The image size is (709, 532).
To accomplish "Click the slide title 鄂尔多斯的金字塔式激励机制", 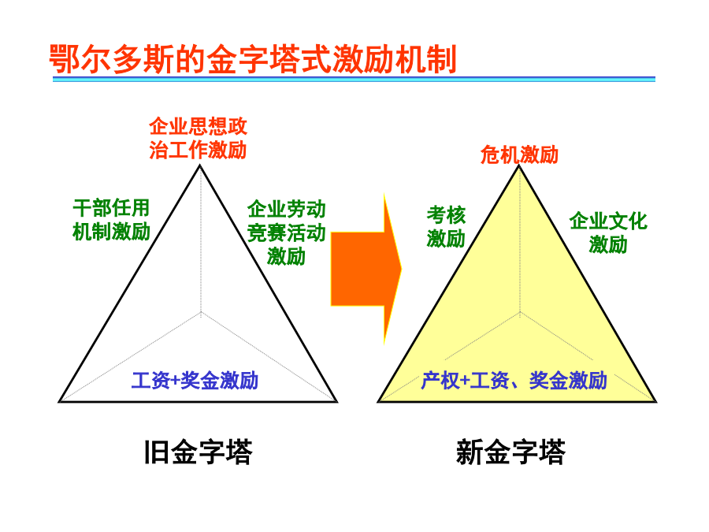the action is pos(253,59).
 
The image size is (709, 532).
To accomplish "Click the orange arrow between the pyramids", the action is pos(366,269).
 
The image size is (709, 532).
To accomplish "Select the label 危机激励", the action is pos(519,154).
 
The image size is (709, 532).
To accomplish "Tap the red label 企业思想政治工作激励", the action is pos(198,138).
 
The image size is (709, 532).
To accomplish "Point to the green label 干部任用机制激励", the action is pos(111,220).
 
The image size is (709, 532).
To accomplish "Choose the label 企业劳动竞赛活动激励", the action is pos(286,233).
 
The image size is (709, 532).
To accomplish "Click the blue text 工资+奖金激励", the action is pos(195,381).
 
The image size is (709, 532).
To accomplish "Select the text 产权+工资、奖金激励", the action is pos(514,381).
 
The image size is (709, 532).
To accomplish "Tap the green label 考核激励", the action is pos(446,226).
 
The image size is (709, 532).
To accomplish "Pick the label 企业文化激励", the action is pos(608,233).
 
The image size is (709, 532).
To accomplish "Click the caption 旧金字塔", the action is pos(198,452).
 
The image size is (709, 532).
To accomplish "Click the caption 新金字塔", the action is pos(511,452).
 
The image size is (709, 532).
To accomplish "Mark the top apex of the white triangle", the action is pos(200,166).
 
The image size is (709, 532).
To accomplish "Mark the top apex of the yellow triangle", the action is pos(519,166).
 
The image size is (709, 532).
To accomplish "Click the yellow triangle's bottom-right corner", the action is pos(655,401).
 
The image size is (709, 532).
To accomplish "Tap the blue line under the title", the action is pos(354,79).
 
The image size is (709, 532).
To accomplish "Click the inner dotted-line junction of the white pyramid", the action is pos(201,312).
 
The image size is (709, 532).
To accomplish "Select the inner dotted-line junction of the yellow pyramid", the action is pos(520,312).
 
